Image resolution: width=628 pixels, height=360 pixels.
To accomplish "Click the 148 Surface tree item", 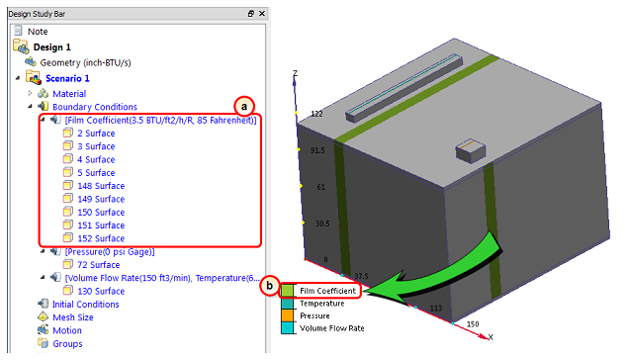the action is pos(101,186).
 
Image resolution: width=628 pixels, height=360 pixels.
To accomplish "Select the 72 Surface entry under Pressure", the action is pos(99,265).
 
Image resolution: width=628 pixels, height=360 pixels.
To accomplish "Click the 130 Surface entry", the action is pos(101,291).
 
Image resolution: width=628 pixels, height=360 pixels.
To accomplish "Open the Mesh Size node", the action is pos(73,317).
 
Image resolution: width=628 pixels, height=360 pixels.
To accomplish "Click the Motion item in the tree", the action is pos(67,330).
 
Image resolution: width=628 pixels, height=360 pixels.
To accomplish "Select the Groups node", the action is pos(67,344).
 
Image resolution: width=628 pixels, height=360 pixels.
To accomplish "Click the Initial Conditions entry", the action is pos(86,305).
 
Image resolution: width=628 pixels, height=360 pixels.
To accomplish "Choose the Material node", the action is pos(69,94).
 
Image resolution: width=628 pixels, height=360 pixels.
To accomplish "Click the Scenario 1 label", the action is pos(67,78).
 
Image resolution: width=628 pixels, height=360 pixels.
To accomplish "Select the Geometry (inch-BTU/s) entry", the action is pos(85,62).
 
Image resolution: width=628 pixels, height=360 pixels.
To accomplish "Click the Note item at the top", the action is pos(38,32).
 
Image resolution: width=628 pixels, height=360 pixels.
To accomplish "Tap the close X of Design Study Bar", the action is pos(262,14).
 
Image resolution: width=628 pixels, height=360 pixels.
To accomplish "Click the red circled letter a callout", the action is pos(244,107).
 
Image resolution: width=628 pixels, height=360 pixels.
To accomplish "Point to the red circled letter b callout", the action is pos(269,286).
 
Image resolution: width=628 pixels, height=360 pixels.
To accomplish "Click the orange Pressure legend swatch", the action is pos(287,315).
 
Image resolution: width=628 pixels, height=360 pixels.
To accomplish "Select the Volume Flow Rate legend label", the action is pos(332,328).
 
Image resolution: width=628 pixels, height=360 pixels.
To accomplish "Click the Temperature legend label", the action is pos(322,304).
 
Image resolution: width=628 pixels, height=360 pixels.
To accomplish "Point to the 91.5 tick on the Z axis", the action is pos(317,150).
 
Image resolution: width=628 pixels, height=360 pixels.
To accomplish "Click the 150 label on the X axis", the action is pos(473,324).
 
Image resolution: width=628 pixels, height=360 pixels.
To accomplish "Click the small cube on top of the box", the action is pos(471,151).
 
